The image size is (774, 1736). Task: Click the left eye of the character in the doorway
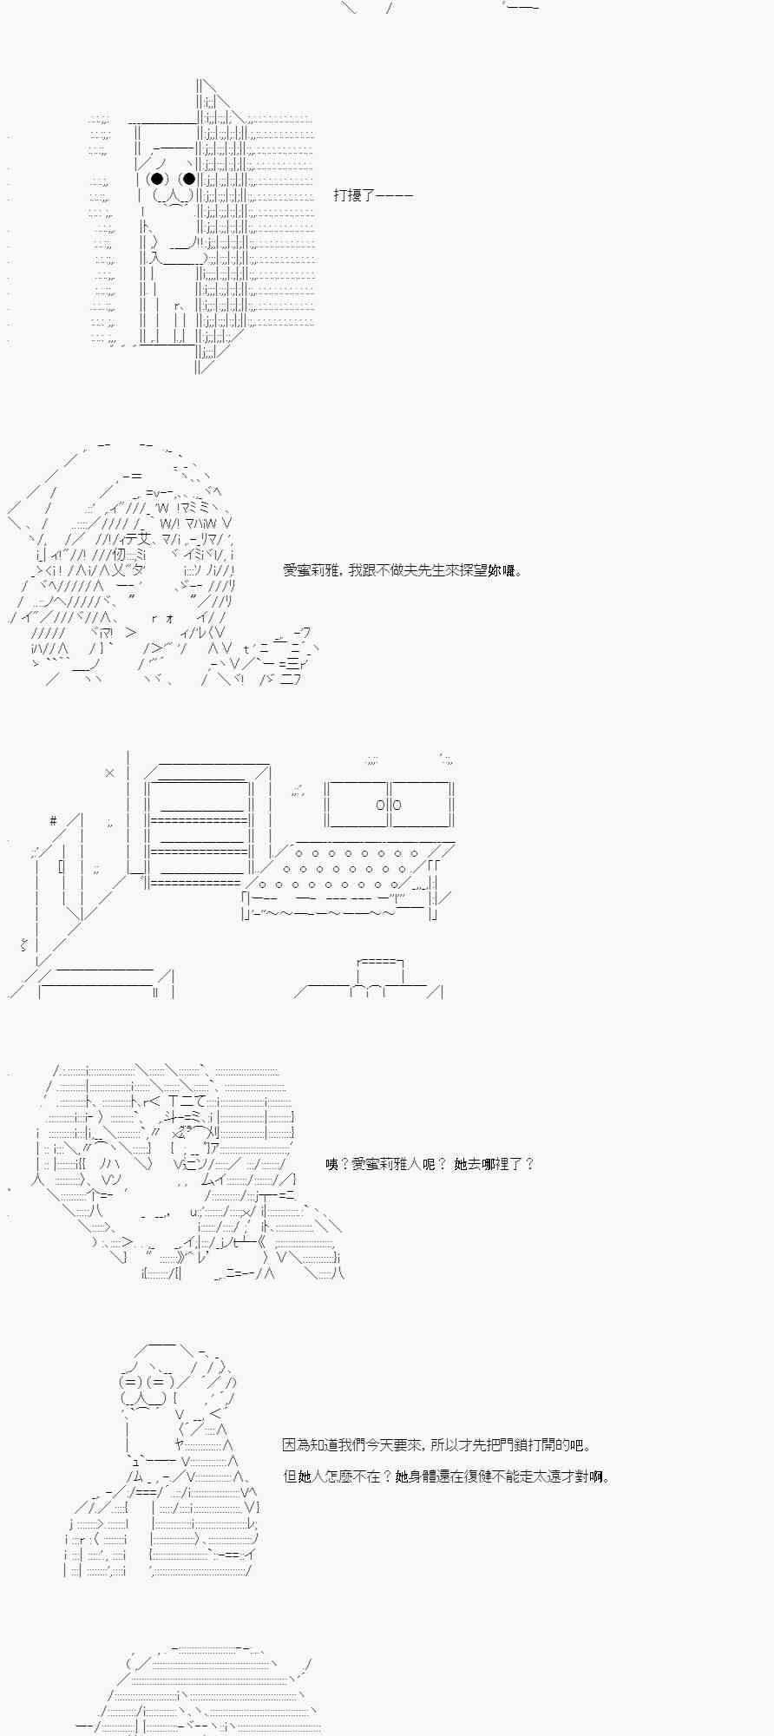(156, 180)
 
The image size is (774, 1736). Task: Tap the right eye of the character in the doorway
(187, 180)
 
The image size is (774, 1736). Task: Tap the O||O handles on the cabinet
(389, 805)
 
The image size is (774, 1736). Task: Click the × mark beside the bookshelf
(109, 772)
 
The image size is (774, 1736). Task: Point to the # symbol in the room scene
(54, 820)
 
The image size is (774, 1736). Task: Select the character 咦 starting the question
(332, 1164)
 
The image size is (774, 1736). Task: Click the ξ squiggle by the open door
(23, 944)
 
